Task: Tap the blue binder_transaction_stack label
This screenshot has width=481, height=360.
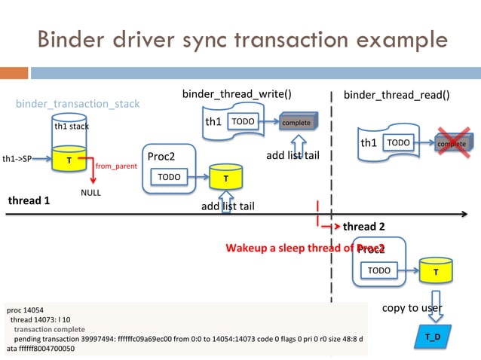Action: click(x=78, y=103)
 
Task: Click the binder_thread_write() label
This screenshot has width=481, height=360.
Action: click(x=237, y=93)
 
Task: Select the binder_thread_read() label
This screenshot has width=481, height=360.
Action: click(x=397, y=95)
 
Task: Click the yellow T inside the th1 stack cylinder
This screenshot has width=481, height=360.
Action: click(x=69, y=160)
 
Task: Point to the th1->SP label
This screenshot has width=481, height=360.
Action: click(x=17, y=160)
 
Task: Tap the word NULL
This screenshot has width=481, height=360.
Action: click(x=91, y=193)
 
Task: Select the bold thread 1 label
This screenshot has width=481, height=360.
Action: click(x=29, y=201)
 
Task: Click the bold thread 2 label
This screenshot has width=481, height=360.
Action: click(x=364, y=227)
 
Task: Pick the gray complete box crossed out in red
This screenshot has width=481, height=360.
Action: click(x=452, y=143)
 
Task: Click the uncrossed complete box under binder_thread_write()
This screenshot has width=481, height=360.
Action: click(x=296, y=122)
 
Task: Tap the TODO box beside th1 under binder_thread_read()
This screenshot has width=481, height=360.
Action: click(x=399, y=142)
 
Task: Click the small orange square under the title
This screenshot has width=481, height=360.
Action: click(x=21, y=73)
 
